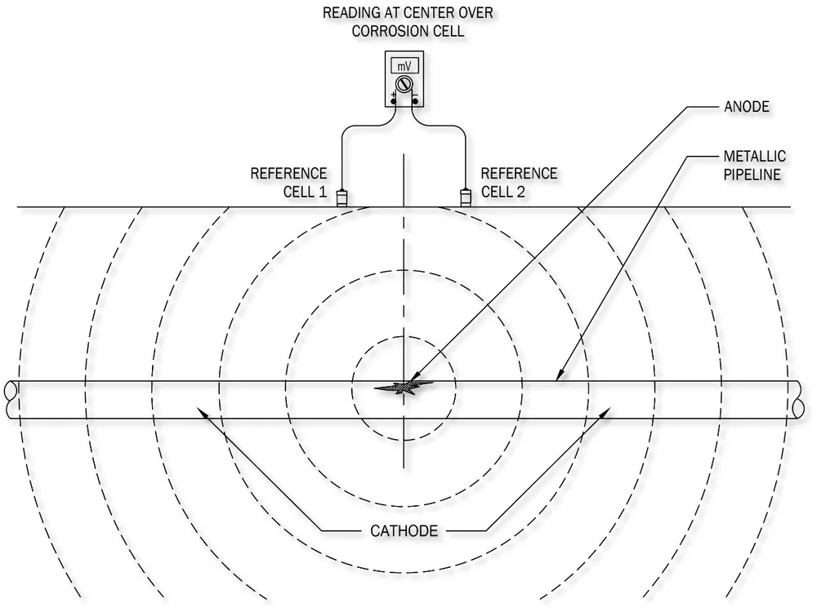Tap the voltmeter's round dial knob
tap(403, 84)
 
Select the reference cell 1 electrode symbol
tap(343, 197)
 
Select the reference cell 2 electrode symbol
tap(466, 197)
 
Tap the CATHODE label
tap(400, 531)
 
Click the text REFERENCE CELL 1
tap(288, 183)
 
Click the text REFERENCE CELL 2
tap(519, 183)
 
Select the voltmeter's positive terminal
tap(393, 100)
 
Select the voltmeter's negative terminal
tap(415, 100)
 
